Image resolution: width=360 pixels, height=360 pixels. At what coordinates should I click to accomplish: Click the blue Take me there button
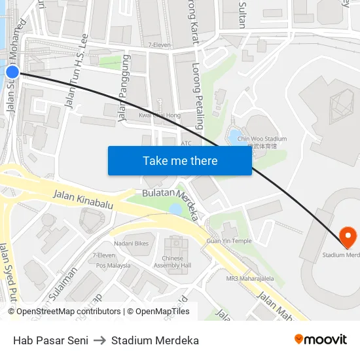tap(180, 160)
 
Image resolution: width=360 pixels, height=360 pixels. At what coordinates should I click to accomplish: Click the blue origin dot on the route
tap(12, 72)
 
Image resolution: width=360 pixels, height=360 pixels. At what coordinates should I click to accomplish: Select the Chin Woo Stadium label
tap(262, 139)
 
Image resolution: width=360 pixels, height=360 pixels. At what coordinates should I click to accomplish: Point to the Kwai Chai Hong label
tap(160, 115)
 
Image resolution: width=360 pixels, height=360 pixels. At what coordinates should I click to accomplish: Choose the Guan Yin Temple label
tap(229, 241)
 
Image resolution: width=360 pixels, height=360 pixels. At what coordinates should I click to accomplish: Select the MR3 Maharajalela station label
tap(251, 279)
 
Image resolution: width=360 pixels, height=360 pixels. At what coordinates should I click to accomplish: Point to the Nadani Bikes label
tap(132, 243)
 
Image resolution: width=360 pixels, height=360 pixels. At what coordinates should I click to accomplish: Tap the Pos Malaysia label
tap(113, 266)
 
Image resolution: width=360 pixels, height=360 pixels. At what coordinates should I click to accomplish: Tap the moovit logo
tap(321, 340)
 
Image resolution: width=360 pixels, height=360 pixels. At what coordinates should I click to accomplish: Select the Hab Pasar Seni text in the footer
tap(50, 340)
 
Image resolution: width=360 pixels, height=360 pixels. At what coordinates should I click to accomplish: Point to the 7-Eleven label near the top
tap(160, 45)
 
